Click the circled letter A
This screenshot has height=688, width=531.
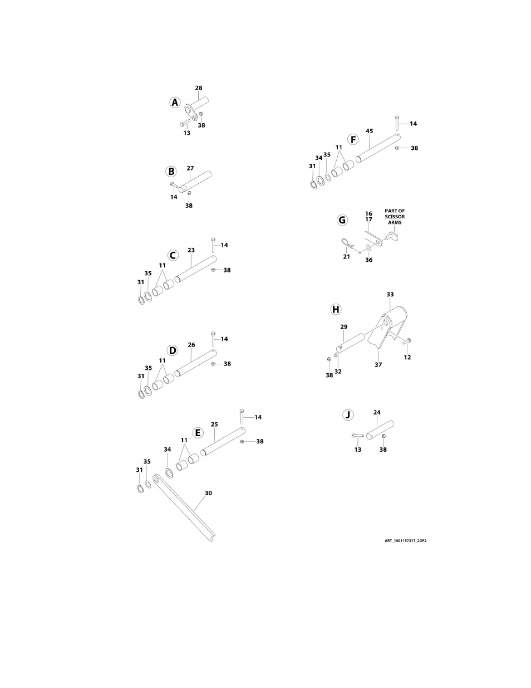point(175,103)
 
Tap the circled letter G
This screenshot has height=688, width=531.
point(342,220)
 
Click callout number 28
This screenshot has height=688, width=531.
point(199,88)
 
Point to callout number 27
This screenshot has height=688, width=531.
point(190,168)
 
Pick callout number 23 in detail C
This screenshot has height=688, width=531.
point(191,250)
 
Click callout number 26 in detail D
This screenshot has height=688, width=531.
point(191,345)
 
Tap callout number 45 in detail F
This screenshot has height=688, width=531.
point(370,131)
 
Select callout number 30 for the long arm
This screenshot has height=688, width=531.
point(208,493)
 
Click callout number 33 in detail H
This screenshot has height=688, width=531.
point(390,294)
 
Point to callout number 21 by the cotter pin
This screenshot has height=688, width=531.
point(347,257)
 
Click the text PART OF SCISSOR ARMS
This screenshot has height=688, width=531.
point(395,217)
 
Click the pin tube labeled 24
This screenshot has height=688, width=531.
point(380,430)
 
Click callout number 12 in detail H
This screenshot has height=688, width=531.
point(407,357)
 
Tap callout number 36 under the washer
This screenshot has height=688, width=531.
point(369,260)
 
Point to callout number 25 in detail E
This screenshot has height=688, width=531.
point(214,424)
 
